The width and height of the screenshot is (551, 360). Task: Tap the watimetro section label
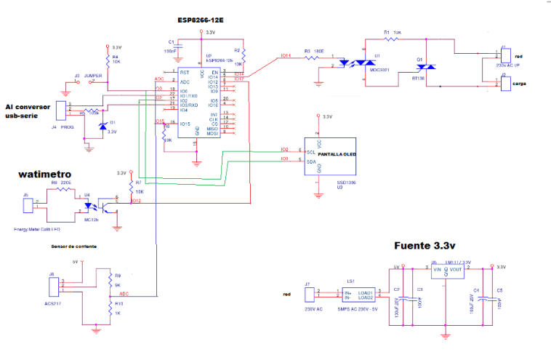pos(44,175)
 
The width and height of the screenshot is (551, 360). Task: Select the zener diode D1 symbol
pos(102,126)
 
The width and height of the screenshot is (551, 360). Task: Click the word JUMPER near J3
pos(93,76)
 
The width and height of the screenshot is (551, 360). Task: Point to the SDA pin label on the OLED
pos(310,162)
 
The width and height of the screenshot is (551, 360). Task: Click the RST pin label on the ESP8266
pos(185,73)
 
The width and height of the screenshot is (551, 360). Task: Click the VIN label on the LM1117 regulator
pos(437,270)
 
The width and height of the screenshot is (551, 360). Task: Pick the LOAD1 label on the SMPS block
pos(364,292)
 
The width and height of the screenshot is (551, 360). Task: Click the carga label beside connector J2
pos(519,84)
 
